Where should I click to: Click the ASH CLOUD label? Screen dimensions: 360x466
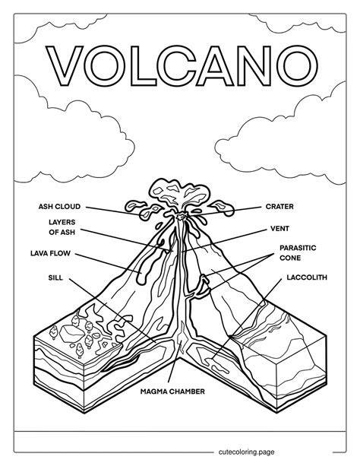(59, 207)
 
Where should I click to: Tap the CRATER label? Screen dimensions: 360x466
(279, 207)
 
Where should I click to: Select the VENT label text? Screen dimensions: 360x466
(279, 229)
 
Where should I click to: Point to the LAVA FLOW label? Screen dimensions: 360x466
(50, 253)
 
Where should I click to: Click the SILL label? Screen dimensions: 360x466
(55, 277)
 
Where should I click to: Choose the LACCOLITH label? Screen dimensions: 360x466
(307, 277)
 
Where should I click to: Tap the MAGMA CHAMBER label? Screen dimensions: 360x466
(172, 392)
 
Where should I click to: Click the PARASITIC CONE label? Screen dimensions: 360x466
(294, 252)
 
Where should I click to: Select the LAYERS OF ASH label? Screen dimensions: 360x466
(62, 227)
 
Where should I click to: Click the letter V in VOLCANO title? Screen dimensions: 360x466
(65, 65)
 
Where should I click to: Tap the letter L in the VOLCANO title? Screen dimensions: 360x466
(141, 65)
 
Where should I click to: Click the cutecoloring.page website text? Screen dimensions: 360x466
(246, 452)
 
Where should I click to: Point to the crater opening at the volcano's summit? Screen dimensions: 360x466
(181, 217)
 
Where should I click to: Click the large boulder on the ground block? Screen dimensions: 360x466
(71, 333)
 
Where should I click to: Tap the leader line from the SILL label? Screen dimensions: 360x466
(113, 310)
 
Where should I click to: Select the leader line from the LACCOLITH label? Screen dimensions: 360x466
(247, 319)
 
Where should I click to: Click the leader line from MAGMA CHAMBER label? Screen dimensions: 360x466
(175, 361)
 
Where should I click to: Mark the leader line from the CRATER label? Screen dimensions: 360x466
(226, 211)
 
